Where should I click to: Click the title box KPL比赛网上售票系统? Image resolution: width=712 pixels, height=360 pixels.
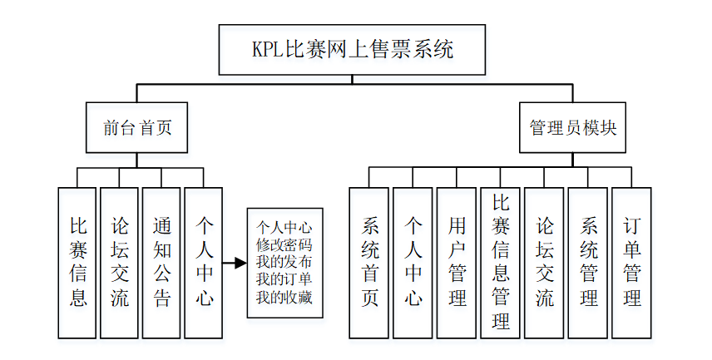[354, 49]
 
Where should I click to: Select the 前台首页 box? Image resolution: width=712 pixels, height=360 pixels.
[137, 127]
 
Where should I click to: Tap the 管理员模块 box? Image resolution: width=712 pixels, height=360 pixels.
[573, 127]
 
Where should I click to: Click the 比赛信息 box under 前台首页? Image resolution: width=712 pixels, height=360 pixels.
[77, 262]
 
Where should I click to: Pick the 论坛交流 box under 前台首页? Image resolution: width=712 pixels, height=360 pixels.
[120, 262]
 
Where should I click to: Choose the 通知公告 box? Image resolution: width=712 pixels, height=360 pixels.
[162, 262]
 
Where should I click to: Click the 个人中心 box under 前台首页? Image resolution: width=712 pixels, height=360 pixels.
[204, 262]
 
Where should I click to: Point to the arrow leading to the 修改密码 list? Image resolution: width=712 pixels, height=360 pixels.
[235, 263]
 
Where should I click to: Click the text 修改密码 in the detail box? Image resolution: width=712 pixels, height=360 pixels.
[284, 244]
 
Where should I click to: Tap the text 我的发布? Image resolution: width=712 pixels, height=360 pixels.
[284, 262]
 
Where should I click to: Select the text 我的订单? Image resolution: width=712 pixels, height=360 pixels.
[284, 279]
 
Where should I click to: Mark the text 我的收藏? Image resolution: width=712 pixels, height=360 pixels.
[284, 297]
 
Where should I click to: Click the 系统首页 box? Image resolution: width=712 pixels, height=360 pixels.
[369, 262]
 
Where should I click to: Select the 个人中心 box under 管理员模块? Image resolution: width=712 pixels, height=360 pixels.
[413, 262]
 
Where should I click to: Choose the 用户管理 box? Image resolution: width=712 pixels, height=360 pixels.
[457, 262]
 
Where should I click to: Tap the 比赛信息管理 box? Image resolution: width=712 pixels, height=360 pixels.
[500, 262]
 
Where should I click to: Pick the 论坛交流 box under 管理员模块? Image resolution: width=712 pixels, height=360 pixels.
[544, 262]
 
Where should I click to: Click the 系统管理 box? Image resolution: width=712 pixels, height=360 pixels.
[588, 262]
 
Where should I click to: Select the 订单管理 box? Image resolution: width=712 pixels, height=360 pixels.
[631, 262]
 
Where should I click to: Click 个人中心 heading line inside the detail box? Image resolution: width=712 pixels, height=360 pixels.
[284, 227]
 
